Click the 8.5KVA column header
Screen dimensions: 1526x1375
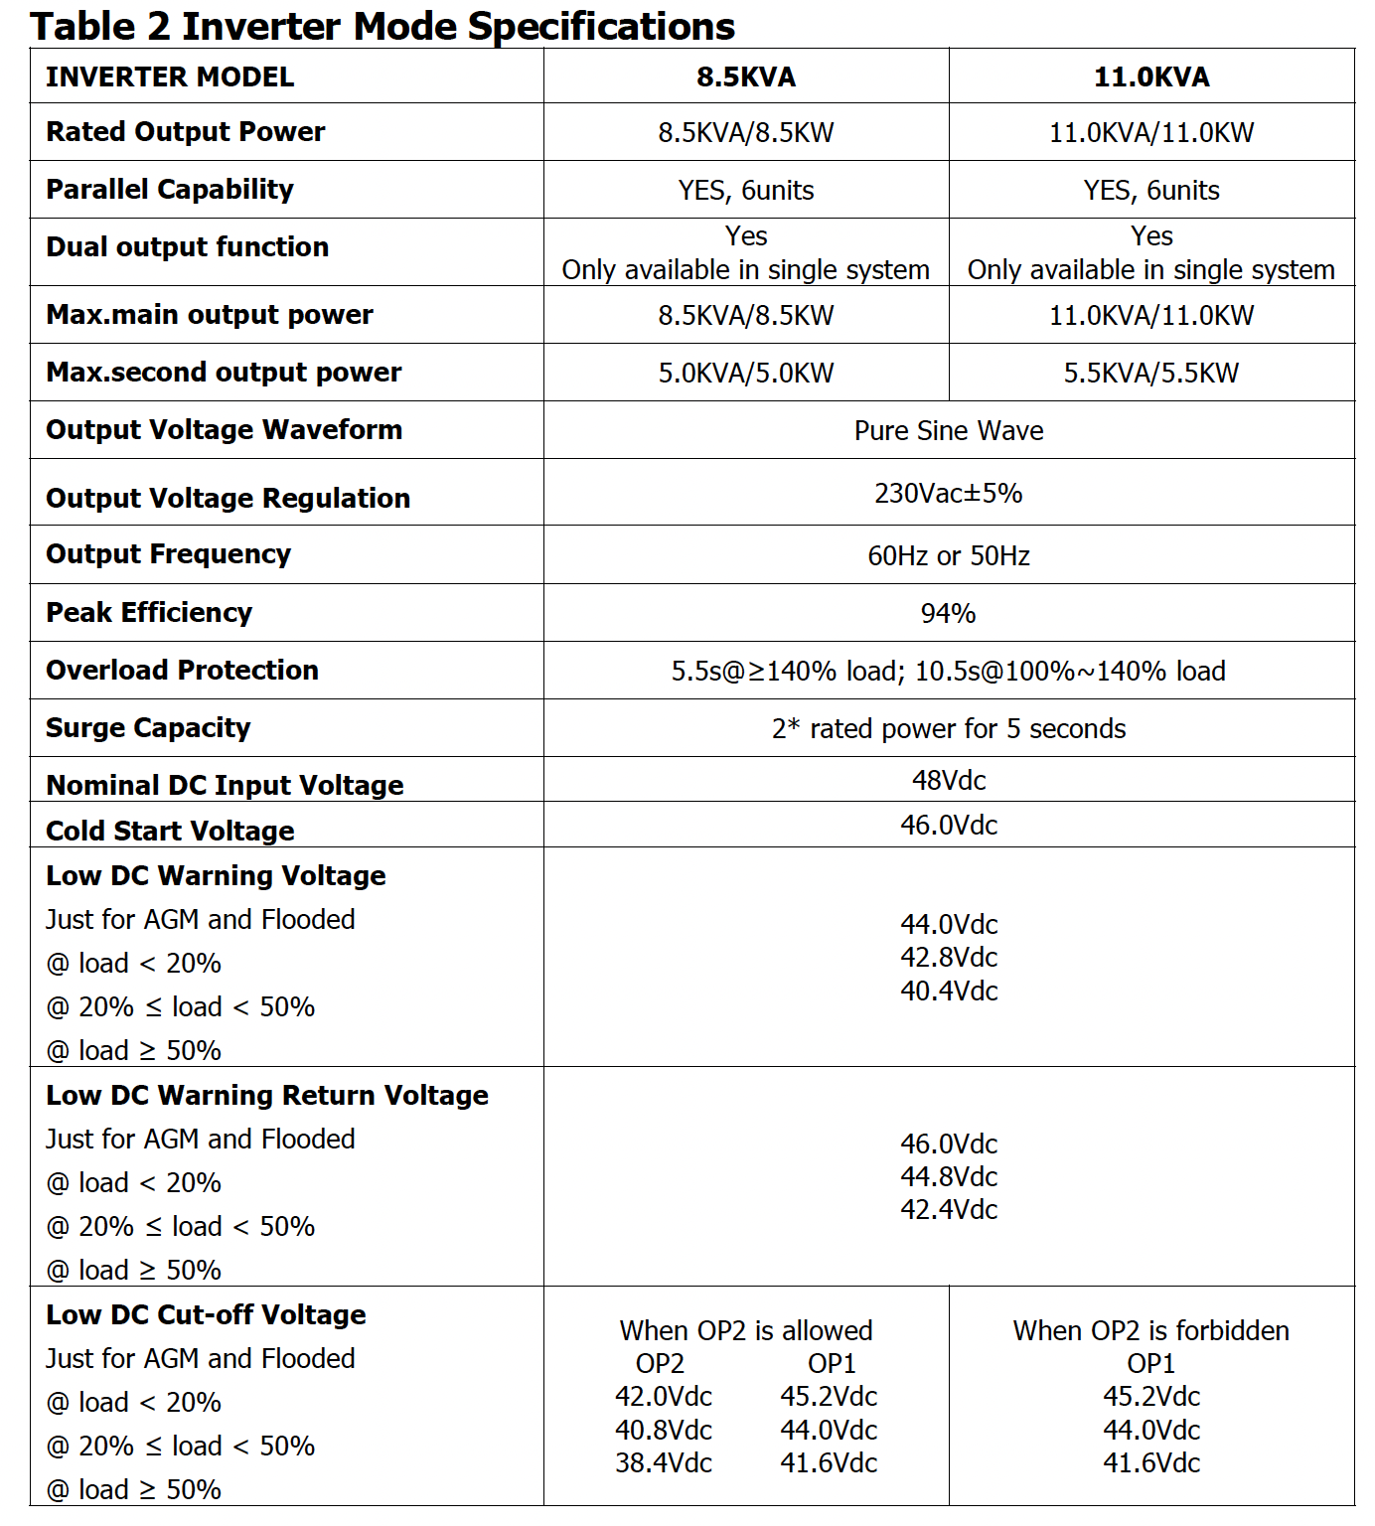coord(746,77)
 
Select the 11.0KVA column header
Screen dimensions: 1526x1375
coord(1151,77)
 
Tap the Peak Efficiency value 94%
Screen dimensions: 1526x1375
coord(948,614)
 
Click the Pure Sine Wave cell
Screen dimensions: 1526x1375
coord(949,431)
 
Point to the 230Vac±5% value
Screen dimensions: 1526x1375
coord(948,494)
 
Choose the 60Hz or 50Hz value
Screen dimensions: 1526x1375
coord(949,556)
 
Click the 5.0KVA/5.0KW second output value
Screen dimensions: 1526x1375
coord(746,374)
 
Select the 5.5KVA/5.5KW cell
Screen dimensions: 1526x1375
coord(1151,374)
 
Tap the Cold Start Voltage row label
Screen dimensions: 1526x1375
coord(170,831)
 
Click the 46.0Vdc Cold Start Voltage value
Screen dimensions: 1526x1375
coord(949,826)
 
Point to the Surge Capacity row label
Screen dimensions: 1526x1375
coord(148,728)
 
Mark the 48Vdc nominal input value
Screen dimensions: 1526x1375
coord(949,781)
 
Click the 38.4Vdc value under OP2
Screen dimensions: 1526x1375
coord(664,1463)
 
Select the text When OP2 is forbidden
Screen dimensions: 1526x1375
coord(1151,1331)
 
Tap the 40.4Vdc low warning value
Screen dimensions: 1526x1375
coord(949,992)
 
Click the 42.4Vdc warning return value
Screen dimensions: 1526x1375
coord(949,1210)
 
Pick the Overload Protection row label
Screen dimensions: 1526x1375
coord(182,671)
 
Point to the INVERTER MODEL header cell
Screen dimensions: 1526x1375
coord(170,77)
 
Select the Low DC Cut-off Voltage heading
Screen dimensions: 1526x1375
coord(206,1315)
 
